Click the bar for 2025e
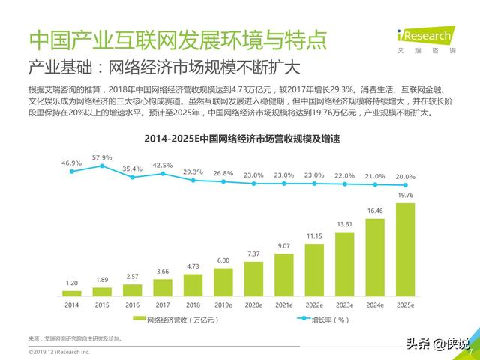click(405, 249)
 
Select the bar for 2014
click(72, 292)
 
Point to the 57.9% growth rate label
click(102, 157)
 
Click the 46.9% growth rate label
click(72, 163)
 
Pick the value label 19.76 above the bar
click(405, 196)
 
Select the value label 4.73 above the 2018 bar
click(193, 265)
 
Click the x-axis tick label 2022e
click(314, 305)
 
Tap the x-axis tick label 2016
click(133, 305)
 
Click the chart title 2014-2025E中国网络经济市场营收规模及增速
click(239, 138)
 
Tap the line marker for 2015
click(102, 166)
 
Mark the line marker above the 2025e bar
click(405, 185)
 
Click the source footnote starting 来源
click(75, 338)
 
